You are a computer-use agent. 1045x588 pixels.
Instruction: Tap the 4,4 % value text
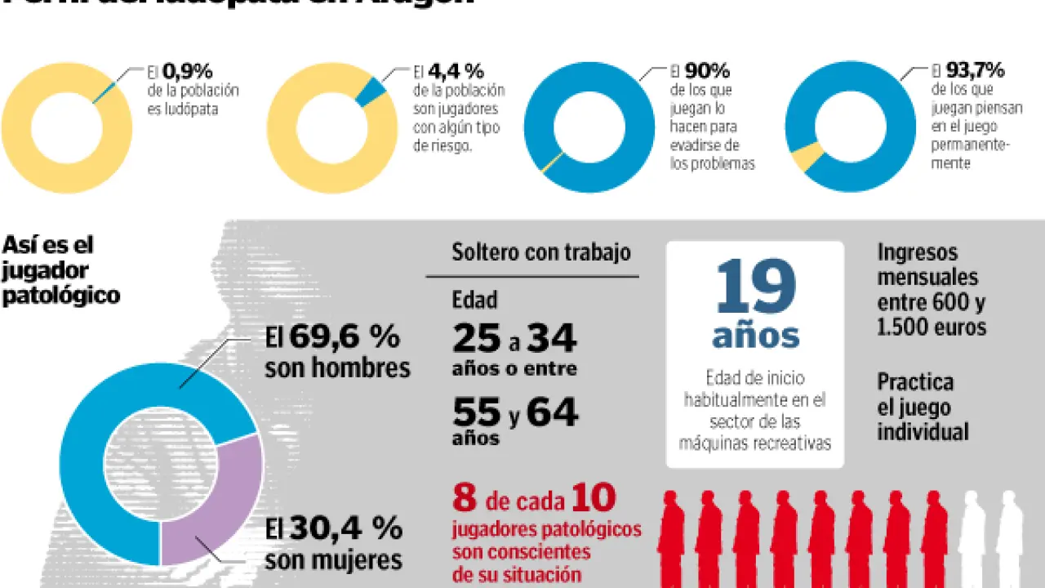tap(460, 71)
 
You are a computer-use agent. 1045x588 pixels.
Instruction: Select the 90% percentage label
tap(707, 71)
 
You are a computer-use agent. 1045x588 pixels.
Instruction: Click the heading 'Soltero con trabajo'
tap(541, 252)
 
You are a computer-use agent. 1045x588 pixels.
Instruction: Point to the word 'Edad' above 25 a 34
tap(474, 300)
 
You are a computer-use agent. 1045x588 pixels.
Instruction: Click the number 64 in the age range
tap(552, 412)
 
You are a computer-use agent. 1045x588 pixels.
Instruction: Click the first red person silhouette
tap(671, 539)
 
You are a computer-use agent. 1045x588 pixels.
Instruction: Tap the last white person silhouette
tap(1009, 539)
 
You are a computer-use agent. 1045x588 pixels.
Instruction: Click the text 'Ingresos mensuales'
tap(927, 265)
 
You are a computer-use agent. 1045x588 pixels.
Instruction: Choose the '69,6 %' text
tap(345, 336)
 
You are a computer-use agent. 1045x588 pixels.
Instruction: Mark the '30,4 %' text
tap(345, 529)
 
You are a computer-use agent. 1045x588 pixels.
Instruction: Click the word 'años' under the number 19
tap(755, 336)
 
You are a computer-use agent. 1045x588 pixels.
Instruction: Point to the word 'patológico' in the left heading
tap(61, 296)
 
